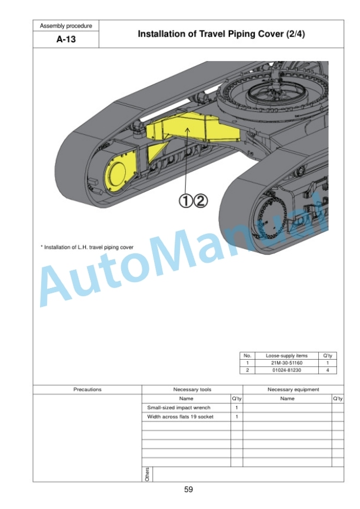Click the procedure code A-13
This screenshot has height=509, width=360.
[x=66, y=39]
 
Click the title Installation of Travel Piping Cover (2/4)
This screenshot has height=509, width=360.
[x=221, y=34]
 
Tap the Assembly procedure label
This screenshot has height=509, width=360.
[x=66, y=26]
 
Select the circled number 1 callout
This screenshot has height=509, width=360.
[x=185, y=201]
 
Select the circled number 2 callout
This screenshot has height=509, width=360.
[x=201, y=201]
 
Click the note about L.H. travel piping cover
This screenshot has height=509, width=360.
[x=86, y=247]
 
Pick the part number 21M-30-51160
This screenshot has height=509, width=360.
[x=286, y=363]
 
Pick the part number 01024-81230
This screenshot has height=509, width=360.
[x=286, y=370]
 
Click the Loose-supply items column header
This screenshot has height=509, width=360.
[x=286, y=356]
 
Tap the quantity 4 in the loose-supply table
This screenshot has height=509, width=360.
[x=328, y=370]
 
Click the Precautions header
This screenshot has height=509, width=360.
[x=88, y=390]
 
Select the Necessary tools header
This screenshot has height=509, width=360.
[x=192, y=390]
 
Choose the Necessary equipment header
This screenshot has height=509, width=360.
[x=294, y=390]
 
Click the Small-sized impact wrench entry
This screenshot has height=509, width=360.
[x=179, y=408]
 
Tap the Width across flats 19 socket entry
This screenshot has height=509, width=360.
[x=181, y=417]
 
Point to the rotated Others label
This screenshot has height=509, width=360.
[x=147, y=474]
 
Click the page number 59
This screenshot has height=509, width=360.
[x=188, y=490]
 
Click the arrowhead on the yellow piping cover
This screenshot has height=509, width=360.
[x=188, y=129]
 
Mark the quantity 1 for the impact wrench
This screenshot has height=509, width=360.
[x=236, y=408]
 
